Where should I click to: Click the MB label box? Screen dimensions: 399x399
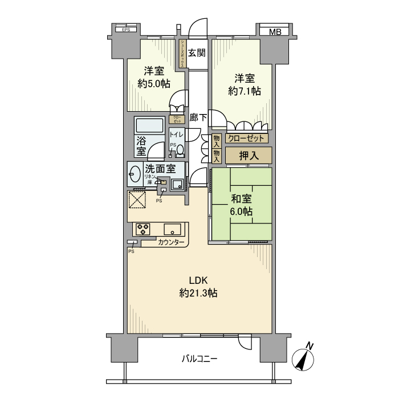coord(275,32)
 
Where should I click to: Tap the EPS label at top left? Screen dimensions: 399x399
coord(126,30)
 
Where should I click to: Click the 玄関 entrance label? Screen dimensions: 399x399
coord(197,53)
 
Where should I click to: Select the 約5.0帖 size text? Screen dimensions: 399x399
coord(154,83)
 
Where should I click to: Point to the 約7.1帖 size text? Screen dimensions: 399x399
coord(245,91)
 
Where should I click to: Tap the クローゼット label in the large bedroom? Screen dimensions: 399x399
coord(246,138)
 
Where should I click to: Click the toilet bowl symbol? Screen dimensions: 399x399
coord(180,150)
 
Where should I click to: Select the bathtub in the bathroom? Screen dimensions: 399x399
coord(149,125)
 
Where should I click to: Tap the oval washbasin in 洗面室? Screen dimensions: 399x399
coord(135,174)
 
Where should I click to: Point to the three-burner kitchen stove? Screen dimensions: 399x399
coord(142,229)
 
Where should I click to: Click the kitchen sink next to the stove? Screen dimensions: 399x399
coord(172,230)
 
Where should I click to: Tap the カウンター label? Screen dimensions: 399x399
coord(172,243)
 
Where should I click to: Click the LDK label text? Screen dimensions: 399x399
coord(198,280)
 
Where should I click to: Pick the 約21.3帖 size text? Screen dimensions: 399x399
coord(198,294)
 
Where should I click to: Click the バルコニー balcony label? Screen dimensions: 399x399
coord(199,359)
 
